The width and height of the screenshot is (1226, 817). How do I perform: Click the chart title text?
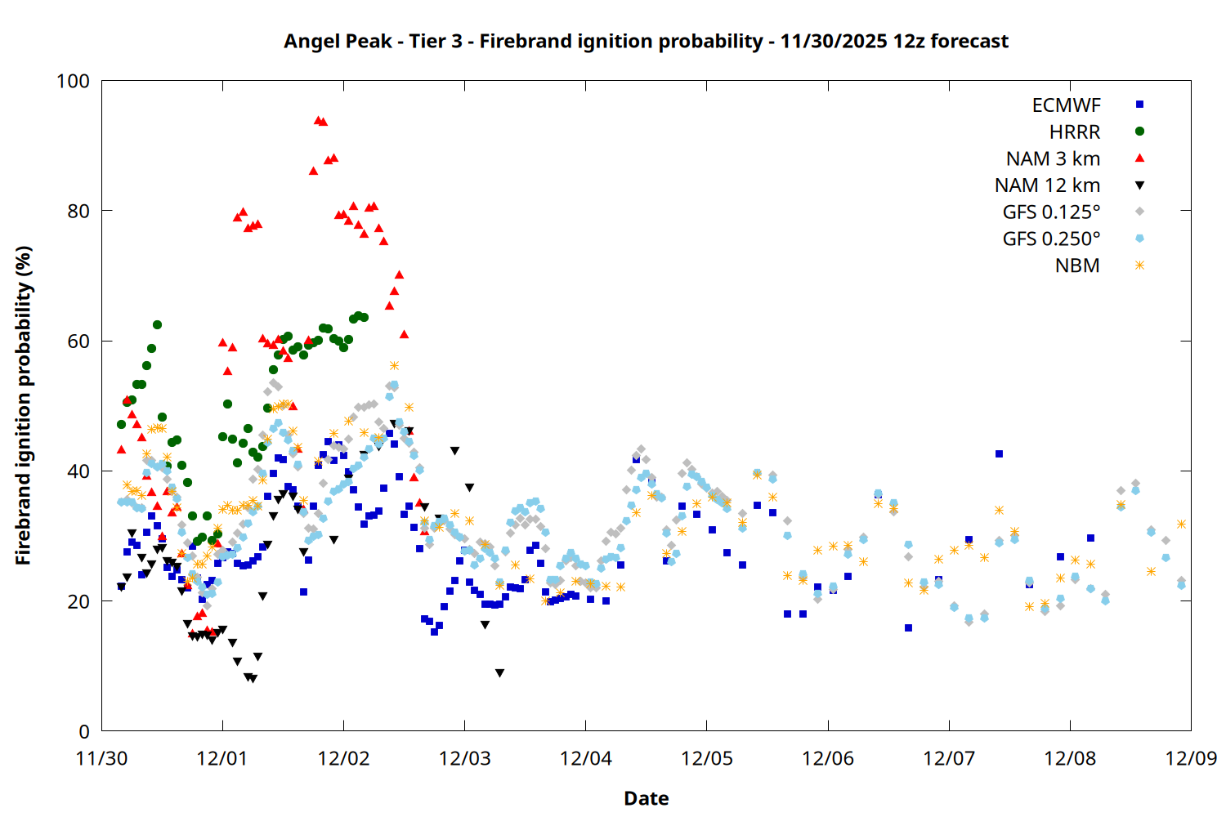click(x=646, y=41)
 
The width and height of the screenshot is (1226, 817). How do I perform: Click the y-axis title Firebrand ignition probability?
click(x=24, y=405)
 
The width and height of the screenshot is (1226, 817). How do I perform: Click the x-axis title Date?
click(x=646, y=798)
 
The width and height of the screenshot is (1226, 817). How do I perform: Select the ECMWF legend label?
click(x=1066, y=105)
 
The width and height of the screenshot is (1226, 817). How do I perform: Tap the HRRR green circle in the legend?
click(x=1139, y=132)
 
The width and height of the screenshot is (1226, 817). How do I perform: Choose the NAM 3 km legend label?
click(x=1053, y=158)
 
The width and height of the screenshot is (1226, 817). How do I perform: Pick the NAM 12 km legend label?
click(x=1047, y=185)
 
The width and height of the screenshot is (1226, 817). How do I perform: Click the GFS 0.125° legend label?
click(x=1051, y=212)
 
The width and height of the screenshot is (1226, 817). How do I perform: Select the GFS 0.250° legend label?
click(x=1051, y=239)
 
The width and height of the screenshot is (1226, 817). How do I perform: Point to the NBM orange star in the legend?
click(x=1139, y=266)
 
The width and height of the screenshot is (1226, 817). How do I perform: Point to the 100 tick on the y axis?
click(x=73, y=81)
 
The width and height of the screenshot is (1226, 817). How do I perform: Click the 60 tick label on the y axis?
click(x=78, y=342)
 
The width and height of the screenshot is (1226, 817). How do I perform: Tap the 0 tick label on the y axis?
click(x=84, y=732)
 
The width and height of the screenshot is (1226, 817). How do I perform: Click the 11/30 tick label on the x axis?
click(x=101, y=758)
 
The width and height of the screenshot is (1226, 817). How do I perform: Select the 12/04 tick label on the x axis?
click(x=586, y=758)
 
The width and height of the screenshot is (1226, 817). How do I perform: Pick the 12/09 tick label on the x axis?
click(x=1191, y=758)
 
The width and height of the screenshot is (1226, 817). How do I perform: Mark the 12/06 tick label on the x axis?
click(x=828, y=758)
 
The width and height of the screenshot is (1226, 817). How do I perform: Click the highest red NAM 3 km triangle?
click(x=318, y=120)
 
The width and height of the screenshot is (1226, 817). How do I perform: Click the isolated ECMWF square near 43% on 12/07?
click(x=999, y=453)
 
